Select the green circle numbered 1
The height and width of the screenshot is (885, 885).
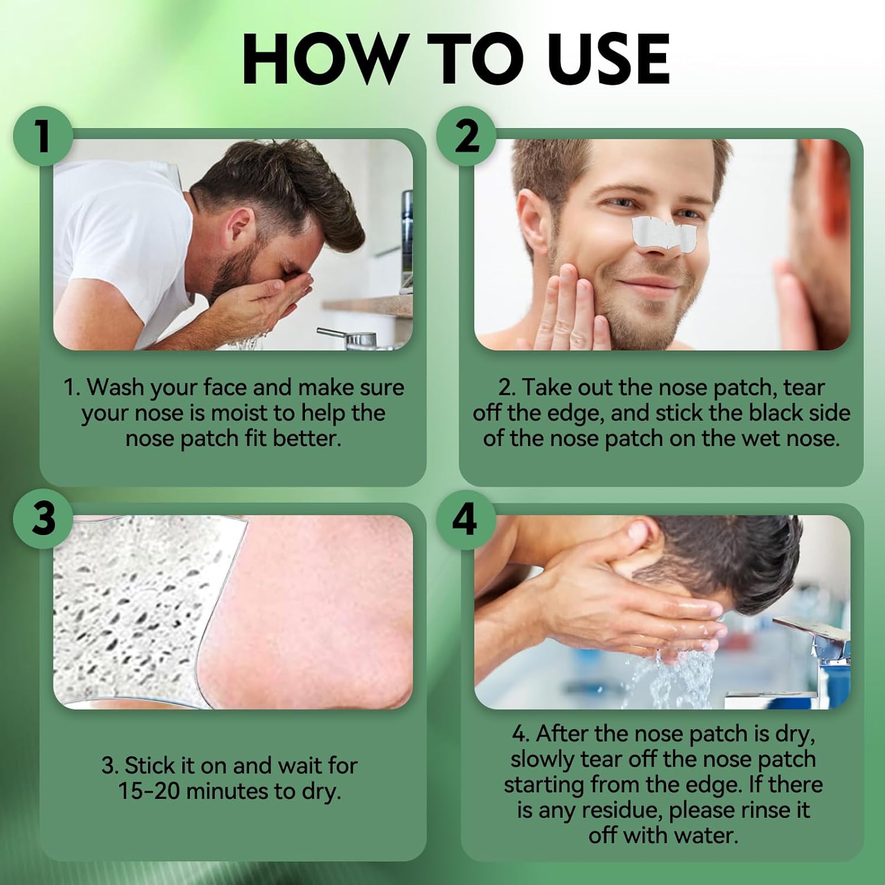(x=43, y=136)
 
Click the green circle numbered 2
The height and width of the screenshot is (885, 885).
(x=466, y=136)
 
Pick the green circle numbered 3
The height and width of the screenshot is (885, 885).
(x=43, y=519)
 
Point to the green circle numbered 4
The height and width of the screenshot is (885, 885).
(x=466, y=520)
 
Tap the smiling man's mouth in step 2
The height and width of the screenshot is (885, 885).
(x=655, y=284)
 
